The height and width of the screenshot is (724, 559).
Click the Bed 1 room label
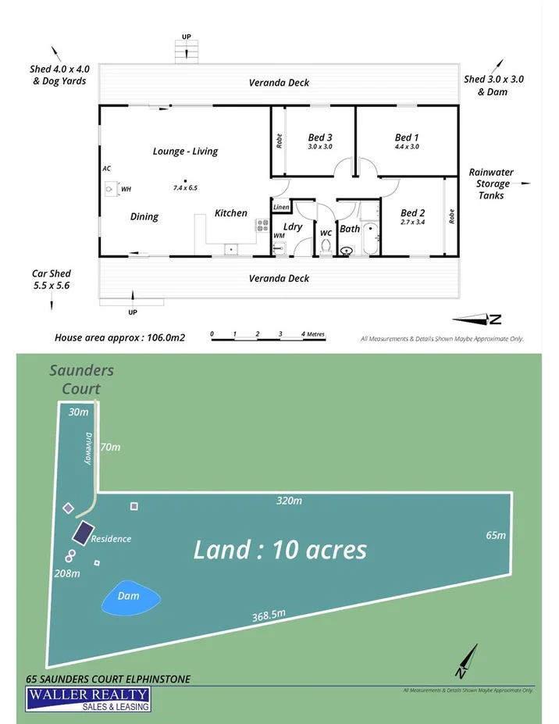click(x=407, y=137)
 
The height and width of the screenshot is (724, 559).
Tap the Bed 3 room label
click(x=320, y=137)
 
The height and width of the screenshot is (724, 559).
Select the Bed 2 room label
click(x=412, y=212)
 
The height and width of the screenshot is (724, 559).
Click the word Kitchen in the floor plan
click(x=231, y=213)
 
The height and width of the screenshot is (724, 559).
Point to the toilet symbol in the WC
click(x=326, y=247)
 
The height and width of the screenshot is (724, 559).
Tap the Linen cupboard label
click(x=281, y=207)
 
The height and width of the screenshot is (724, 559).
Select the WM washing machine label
click(x=279, y=235)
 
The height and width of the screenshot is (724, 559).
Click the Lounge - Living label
click(x=185, y=152)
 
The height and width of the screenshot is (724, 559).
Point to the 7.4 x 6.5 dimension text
click(x=185, y=188)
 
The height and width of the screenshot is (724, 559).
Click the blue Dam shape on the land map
click(x=130, y=597)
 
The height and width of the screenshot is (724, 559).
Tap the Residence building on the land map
click(x=82, y=534)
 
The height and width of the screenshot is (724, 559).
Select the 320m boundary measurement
click(x=289, y=501)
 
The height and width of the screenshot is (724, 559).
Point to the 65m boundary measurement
click(x=495, y=535)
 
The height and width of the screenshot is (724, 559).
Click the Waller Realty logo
click(x=87, y=698)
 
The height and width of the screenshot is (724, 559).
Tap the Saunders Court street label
click(x=81, y=379)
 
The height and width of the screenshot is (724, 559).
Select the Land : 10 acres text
click(x=279, y=550)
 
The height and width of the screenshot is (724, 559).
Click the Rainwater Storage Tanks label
click(x=489, y=184)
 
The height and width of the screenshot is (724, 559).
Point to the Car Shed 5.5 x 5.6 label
click(x=52, y=280)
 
